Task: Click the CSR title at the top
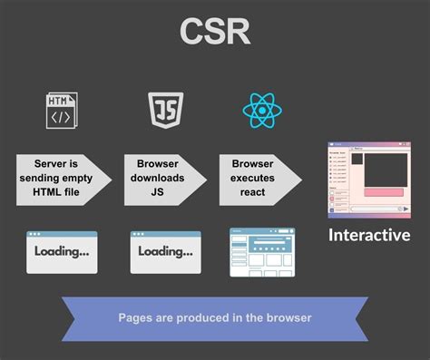(x=215, y=34)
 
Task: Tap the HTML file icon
(x=60, y=110)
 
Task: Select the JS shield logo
(x=165, y=110)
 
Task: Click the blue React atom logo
(x=262, y=110)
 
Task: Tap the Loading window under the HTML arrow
(x=62, y=251)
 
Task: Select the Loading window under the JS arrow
(x=165, y=251)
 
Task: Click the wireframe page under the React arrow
(x=262, y=251)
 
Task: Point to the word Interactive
(x=369, y=235)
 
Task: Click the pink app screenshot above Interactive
(x=368, y=180)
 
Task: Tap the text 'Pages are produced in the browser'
(x=215, y=317)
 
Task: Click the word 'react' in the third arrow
(x=252, y=193)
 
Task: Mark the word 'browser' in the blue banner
(x=288, y=317)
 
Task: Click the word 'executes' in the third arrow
(x=252, y=179)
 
